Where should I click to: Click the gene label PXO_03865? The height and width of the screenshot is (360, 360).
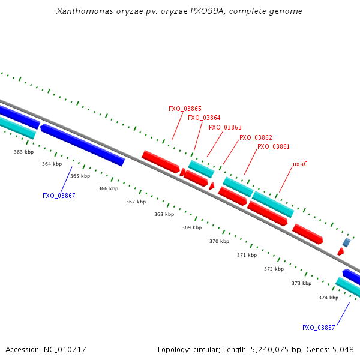pyautogui.click(x=185, y=109)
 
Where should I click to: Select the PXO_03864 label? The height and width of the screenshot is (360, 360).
pyautogui.click(x=204, y=118)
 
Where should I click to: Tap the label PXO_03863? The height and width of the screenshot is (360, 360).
pyautogui.click(x=225, y=127)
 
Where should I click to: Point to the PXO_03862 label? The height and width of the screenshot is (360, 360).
pyautogui.click(x=256, y=137)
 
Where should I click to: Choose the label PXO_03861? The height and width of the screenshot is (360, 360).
pyautogui.click(x=274, y=146)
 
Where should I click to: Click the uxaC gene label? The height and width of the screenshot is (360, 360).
pyautogui.click(x=300, y=164)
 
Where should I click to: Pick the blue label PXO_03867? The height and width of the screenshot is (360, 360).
pyautogui.click(x=59, y=196)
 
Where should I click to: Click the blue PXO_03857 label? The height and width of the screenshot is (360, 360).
pyautogui.click(x=319, y=328)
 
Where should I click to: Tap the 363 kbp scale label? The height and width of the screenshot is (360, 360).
pyautogui.click(x=23, y=152)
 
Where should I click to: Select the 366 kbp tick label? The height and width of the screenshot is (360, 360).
pyautogui.click(x=109, y=188)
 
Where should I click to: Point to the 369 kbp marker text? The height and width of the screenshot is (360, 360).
pyautogui.click(x=191, y=227)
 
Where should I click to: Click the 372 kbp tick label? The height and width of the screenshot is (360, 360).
pyautogui.click(x=274, y=269)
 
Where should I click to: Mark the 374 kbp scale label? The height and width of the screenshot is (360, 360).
pyautogui.click(x=328, y=298)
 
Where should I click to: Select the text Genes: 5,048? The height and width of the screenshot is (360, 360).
pyautogui.click(x=332, y=349)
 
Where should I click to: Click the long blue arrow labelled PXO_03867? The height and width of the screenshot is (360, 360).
pyautogui.click(x=82, y=145)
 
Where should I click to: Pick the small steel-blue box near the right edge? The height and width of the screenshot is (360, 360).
pyautogui.click(x=346, y=242)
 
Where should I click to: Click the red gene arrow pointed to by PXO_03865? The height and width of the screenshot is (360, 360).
pyautogui.click(x=161, y=162)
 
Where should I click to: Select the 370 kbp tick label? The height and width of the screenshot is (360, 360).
pyautogui.click(x=219, y=241)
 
